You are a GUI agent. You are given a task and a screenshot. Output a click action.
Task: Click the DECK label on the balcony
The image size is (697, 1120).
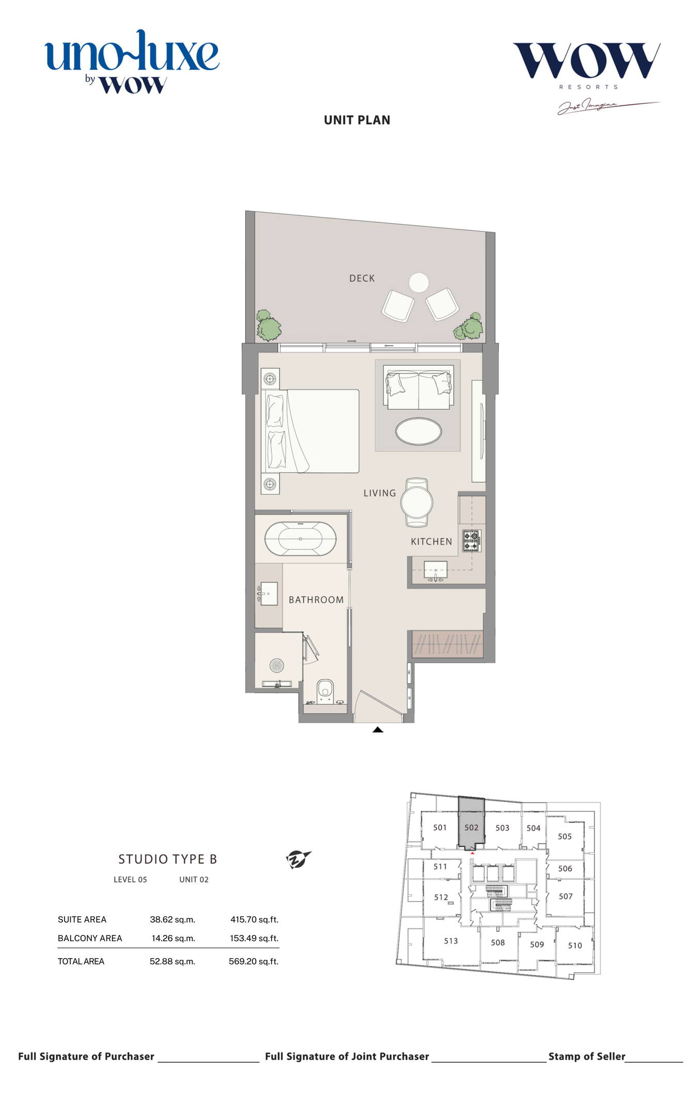[x=362, y=278]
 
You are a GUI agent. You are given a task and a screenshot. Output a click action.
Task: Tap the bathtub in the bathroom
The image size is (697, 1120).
[x=300, y=539]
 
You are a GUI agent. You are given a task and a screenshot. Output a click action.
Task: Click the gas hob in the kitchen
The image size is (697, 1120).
[x=471, y=541]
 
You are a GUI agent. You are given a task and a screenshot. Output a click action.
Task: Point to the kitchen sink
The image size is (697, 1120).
[x=436, y=571]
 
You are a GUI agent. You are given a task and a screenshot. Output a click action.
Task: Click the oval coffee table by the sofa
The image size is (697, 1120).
[x=418, y=431]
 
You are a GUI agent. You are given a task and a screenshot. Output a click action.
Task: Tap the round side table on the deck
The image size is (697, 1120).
[x=419, y=282]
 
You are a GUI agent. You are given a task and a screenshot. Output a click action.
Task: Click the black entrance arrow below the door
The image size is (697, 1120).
[x=378, y=729]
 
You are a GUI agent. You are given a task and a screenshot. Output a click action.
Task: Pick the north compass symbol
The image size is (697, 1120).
[x=298, y=860]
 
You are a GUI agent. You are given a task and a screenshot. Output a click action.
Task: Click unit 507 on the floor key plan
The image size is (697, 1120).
[x=565, y=896]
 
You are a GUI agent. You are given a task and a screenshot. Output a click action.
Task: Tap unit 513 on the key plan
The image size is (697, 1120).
[x=451, y=941]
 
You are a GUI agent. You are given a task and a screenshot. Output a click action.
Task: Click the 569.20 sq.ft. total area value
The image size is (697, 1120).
[x=254, y=961]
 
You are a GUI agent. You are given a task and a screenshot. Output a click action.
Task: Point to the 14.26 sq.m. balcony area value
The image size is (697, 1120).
[x=173, y=938]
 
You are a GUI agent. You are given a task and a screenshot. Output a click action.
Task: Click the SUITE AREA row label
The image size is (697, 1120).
[x=82, y=919]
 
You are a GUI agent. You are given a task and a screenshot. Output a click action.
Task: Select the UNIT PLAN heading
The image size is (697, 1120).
[x=357, y=120]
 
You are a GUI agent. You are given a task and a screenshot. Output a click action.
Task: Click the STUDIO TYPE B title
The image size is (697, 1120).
[x=168, y=859]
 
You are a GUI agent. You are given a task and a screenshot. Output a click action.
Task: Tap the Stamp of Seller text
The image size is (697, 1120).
[x=587, y=1056]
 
